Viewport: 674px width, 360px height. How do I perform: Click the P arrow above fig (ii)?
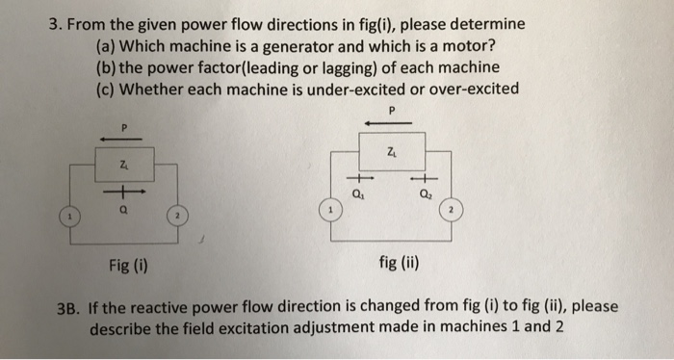point(391,123)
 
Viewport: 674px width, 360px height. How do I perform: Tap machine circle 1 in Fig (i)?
point(70,218)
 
